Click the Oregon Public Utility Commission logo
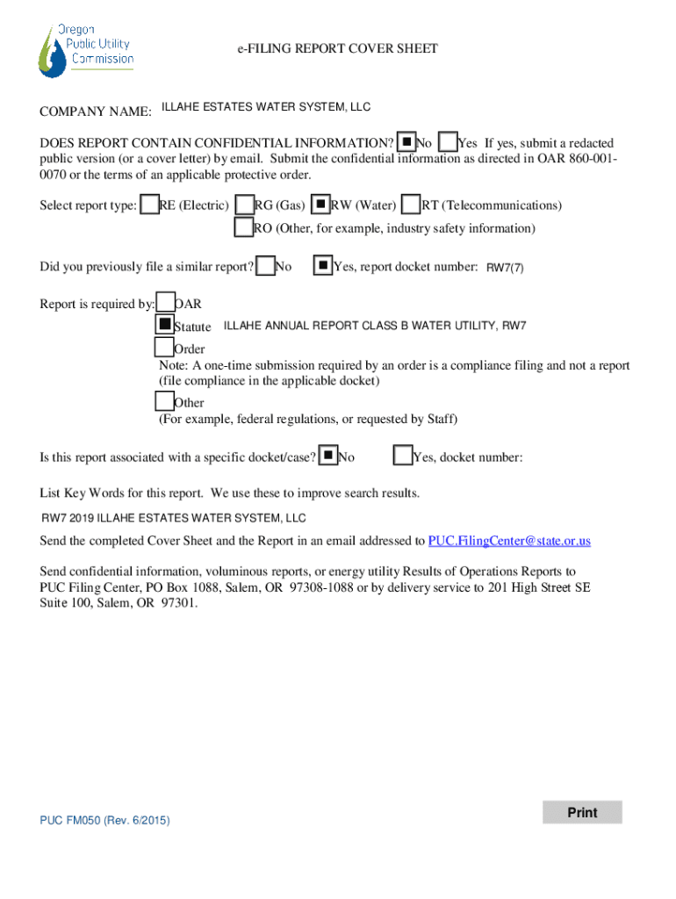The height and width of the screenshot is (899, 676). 85,49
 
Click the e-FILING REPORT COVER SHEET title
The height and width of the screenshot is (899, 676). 337,49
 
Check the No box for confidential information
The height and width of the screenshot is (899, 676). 406,141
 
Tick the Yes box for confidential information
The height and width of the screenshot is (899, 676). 448,141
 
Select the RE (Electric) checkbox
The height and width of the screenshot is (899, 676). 150,205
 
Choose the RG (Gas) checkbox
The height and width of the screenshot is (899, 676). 245,205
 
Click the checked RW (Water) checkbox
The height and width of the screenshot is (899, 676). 321,205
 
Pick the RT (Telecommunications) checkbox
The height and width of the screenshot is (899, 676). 411,205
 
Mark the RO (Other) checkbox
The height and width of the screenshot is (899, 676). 243,227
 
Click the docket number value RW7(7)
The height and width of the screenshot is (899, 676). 505,268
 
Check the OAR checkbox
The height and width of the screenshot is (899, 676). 165,303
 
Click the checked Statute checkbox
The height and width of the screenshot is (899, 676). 164,324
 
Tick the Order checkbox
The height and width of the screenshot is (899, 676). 164,348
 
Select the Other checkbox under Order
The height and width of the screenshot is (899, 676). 164,401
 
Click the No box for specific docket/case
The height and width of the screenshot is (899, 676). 327,456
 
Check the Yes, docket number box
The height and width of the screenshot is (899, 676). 403,456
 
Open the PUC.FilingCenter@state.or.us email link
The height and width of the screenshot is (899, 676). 509,541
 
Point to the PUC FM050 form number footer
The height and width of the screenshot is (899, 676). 104,820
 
